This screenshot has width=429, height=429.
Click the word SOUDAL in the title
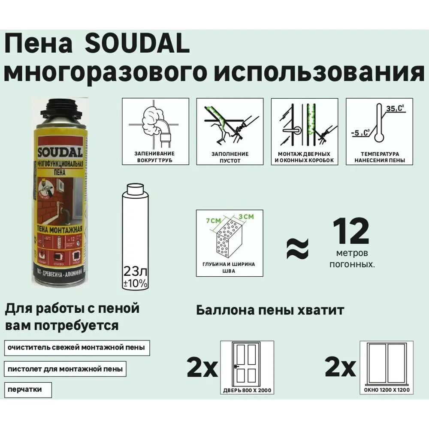coord(138,45)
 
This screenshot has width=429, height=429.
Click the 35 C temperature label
coord(394,109)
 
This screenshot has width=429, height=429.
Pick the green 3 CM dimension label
coord(246,217)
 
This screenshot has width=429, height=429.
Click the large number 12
coord(351,232)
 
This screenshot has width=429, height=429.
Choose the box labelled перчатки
coord(28,390)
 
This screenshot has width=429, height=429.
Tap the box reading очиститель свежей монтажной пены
coord(77,347)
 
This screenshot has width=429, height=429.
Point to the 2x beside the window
coord(341,368)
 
